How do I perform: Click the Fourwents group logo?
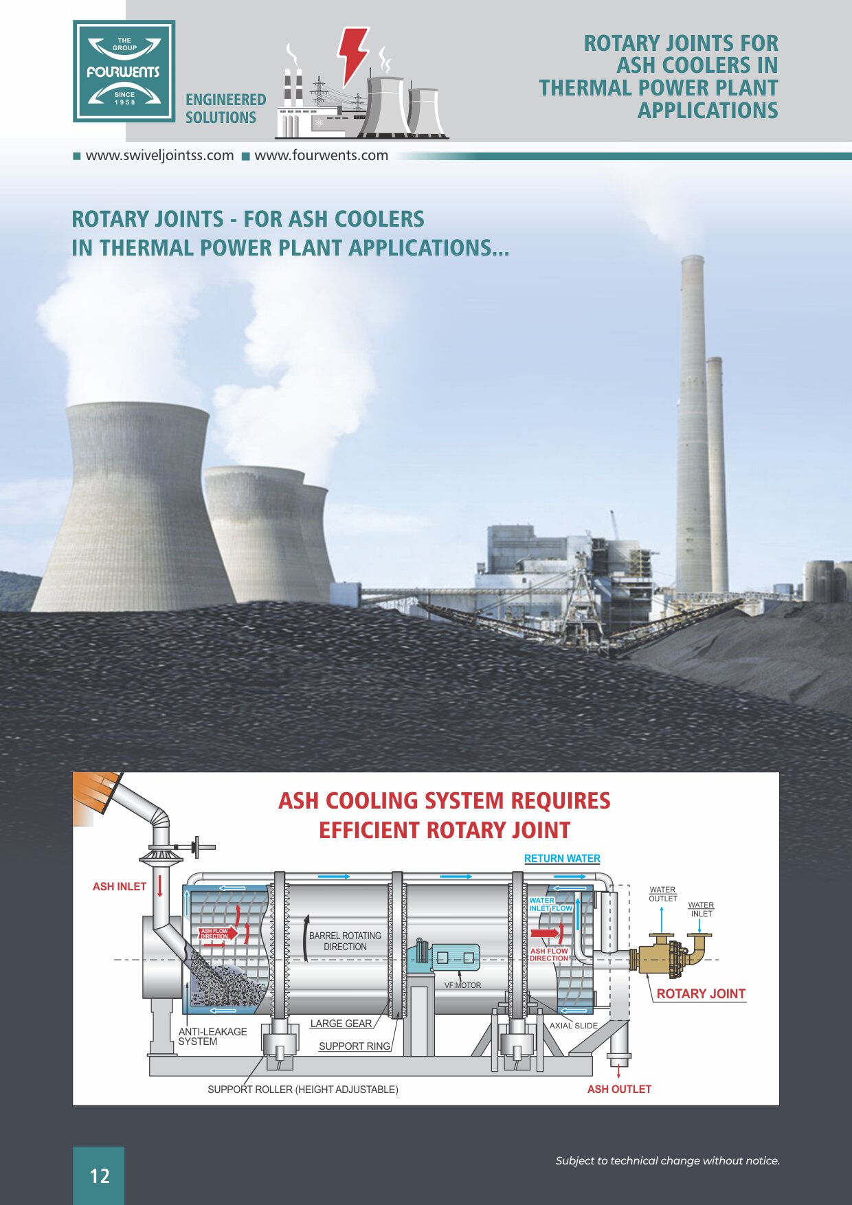pos(124,71)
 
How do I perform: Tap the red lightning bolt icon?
pos(353,53)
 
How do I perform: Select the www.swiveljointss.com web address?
pos(159,155)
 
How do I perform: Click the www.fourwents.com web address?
pos(321,155)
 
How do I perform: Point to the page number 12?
pos(100,1176)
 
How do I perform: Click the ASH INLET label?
pos(120,887)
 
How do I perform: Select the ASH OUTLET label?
pos(619,1089)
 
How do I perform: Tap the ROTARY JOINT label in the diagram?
pos(700,993)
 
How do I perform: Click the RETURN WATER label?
pos(562,859)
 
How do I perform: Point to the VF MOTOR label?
pos(462,985)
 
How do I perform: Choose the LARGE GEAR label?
pos(341,1024)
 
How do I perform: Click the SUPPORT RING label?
pos(355,1046)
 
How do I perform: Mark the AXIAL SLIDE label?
pos(573,1026)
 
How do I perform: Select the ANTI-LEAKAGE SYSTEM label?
pos(212,1037)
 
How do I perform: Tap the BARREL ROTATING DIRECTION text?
pos(345,941)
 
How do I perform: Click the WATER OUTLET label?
pos(663,894)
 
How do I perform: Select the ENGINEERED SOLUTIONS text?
pos(225,109)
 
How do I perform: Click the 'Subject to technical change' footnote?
pos(667,1160)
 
